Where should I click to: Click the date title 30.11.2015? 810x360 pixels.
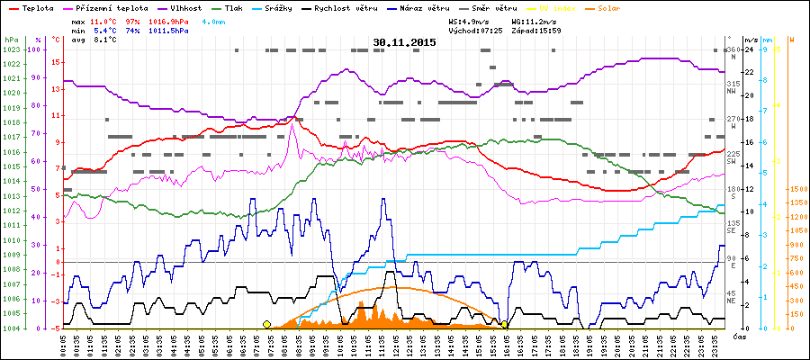click(404, 42)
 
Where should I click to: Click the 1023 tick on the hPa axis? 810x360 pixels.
click(12, 50)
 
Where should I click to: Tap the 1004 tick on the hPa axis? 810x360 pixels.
click(12, 328)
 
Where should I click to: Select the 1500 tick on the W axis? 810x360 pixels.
click(796, 189)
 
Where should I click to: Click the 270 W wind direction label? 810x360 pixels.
click(733, 122)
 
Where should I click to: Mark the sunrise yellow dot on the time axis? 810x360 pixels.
click(266, 324)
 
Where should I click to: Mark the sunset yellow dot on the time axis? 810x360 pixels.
click(504, 324)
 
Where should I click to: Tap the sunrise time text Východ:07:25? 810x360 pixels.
click(473, 30)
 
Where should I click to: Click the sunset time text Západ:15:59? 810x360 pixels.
click(537, 30)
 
